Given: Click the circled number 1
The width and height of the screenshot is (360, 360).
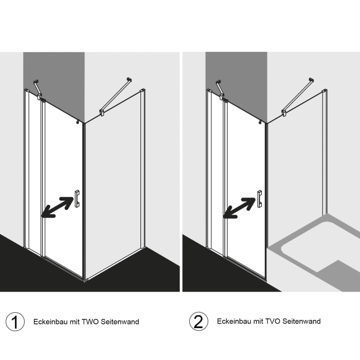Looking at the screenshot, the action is pos(15,321).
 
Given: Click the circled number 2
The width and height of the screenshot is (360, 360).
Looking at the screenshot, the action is pos(199,321).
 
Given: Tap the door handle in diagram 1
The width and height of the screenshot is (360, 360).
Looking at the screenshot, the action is pos(77,199).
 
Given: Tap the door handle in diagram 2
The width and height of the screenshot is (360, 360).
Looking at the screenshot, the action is pos(259,199).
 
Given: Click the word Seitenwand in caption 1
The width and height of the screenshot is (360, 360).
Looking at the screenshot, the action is pos(120,321).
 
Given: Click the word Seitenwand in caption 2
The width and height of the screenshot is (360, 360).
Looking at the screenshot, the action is pos(301,321).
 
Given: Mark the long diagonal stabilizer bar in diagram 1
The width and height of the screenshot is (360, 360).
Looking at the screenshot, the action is pos(116,97).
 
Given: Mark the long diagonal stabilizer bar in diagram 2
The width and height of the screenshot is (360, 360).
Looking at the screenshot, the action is pos(298,97).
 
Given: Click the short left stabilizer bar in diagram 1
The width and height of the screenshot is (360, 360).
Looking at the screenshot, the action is pos(38,89).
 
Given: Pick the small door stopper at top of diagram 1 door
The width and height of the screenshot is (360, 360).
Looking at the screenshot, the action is pos(78,122).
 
